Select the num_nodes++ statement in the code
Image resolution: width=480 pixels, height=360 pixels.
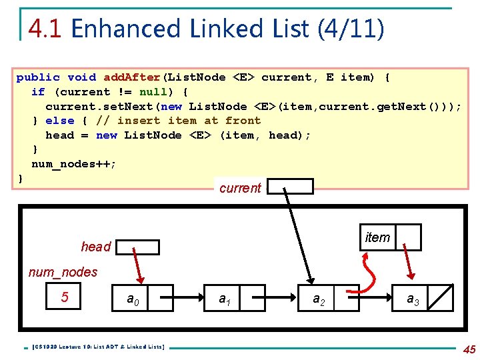click(x=74, y=164)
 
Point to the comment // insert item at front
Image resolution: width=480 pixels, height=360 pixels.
click(x=179, y=121)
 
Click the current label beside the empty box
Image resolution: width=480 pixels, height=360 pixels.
click(x=240, y=188)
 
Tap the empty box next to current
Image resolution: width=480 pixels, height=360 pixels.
click(x=290, y=187)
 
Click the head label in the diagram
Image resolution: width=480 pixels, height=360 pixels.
click(x=95, y=247)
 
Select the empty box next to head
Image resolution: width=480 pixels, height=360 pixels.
click(x=137, y=247)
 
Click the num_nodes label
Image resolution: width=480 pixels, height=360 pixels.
click(x=63, y=272)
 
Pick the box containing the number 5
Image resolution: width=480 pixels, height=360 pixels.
click(x=65, y=297)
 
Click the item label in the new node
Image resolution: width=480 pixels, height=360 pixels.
click(x=378, y=237)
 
